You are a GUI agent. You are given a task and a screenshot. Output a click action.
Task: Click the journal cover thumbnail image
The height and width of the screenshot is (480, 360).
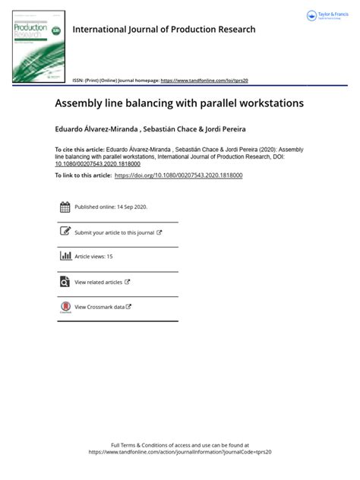pos(39,47)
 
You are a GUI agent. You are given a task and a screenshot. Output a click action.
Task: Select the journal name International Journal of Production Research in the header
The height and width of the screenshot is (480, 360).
pos(164,30)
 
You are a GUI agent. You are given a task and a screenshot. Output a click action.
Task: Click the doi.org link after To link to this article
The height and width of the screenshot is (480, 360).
pos(178,175)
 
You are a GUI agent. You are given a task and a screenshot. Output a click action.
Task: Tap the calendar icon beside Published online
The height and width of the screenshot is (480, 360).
pos(65,207)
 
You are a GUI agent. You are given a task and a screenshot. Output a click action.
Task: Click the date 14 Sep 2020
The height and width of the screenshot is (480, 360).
pos(131,207)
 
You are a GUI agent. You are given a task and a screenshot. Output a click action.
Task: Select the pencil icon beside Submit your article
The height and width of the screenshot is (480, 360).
pos(65,232)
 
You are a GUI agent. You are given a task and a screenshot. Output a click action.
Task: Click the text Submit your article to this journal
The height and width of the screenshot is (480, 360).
pos(114,233)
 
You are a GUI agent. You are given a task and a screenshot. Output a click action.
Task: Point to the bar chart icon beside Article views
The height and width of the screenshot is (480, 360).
pos(65,257)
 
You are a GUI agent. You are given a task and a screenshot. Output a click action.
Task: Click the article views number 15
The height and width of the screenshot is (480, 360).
pos(109,257)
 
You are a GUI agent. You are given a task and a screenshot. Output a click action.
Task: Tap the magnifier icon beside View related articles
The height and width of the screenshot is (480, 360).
pos(65,282)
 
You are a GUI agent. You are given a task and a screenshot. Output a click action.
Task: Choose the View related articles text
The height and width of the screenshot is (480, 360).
pos(98,283)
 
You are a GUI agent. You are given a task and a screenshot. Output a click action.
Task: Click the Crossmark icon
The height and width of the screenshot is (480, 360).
pos(65,307)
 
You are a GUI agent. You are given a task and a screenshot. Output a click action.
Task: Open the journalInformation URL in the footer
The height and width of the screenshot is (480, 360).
pos(180,452)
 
